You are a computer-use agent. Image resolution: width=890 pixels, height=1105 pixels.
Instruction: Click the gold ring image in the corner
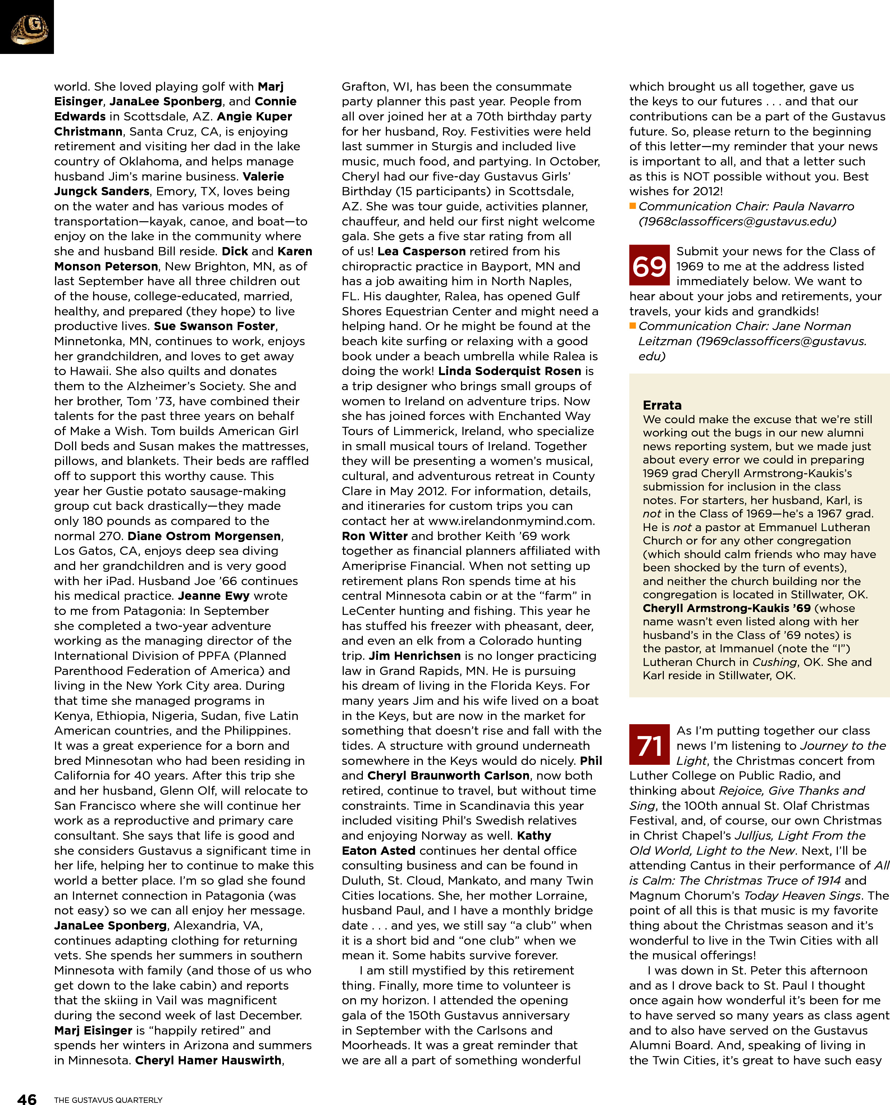(x=29, y=29)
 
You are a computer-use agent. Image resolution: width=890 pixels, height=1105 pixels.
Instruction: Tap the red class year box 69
(x=649, y=265)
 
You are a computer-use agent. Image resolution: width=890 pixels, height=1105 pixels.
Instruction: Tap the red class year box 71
(x=649, y=745)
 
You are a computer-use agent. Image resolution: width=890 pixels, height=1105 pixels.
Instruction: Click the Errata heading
(x=662, y=405)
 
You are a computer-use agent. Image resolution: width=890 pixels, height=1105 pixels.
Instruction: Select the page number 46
(x=27, y=1098)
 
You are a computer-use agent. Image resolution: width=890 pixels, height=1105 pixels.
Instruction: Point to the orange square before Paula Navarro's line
(x=633, y=206)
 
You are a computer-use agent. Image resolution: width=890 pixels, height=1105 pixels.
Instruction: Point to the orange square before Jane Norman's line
(x=633, y=326)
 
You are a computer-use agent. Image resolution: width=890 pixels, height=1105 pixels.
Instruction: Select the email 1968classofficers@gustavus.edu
(x=737, y=222)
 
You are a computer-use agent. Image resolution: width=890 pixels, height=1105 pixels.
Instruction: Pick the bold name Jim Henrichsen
(x=415, y=656)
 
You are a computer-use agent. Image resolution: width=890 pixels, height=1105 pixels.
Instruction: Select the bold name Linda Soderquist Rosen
(x=510, y=371)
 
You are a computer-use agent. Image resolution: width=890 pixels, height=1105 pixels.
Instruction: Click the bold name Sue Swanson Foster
(x=215, y=327)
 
